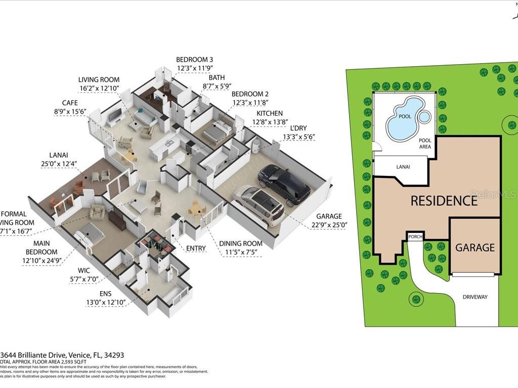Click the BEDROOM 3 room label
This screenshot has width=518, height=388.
click(195, 59)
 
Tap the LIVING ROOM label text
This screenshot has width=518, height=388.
click(99, 80)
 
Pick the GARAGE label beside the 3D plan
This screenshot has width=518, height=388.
click(329, 216)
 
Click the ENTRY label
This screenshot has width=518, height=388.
click(196, 248)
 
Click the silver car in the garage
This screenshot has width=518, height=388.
click(259, 205)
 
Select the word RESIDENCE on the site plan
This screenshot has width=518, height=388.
click(444, 201)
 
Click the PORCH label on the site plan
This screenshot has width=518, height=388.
click(416, 236)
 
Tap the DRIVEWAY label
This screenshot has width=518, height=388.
click(475, 297)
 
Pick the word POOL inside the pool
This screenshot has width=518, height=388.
click(405, 116)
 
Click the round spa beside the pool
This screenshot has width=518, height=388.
click(424, 117)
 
